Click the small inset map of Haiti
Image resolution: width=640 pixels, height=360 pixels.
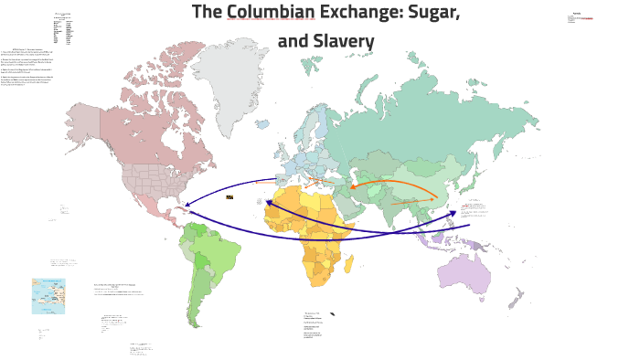[x=48, y=296]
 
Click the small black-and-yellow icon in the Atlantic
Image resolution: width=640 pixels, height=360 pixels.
[x=229, y=196]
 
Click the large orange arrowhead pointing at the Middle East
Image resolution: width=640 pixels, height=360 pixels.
[x=352, y=186]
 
